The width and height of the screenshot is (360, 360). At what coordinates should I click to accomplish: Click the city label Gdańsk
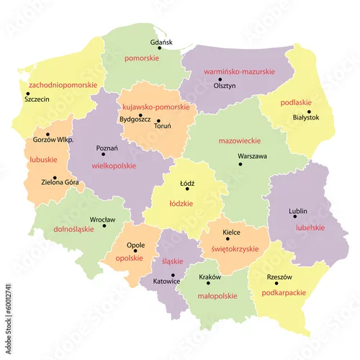[162, 42]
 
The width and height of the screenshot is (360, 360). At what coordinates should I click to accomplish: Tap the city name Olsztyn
[225, 84]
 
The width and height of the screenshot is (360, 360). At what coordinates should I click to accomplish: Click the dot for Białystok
[309, 112]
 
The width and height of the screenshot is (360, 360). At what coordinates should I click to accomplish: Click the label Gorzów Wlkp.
[48, 141]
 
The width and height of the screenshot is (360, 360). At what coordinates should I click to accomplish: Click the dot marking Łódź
[187, 189]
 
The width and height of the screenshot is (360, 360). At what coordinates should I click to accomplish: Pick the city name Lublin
[297, 211]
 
